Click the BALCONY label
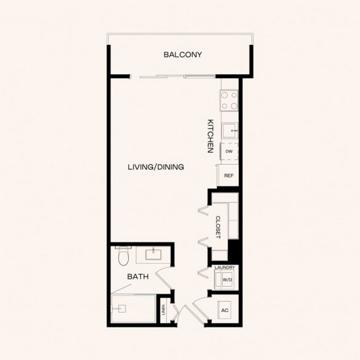tap(183, 55)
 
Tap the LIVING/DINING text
tap(156, 167)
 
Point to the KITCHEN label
tap(210, 136)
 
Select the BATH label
tap(138, 277)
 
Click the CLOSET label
tap(218, 227)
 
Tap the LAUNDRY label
tap(224, 268)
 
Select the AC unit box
tap(224, 310)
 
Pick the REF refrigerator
tap(228, 176)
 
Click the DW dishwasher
tap(229, 151)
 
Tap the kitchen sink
tap(230, 130)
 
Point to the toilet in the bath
tap(123, 256)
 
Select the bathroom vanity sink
tap(153, 254)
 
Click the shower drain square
tap(122, 308)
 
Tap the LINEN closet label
tap(164, 310)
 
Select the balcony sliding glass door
tap(177, 76)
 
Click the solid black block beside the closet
tap(234, 250)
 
